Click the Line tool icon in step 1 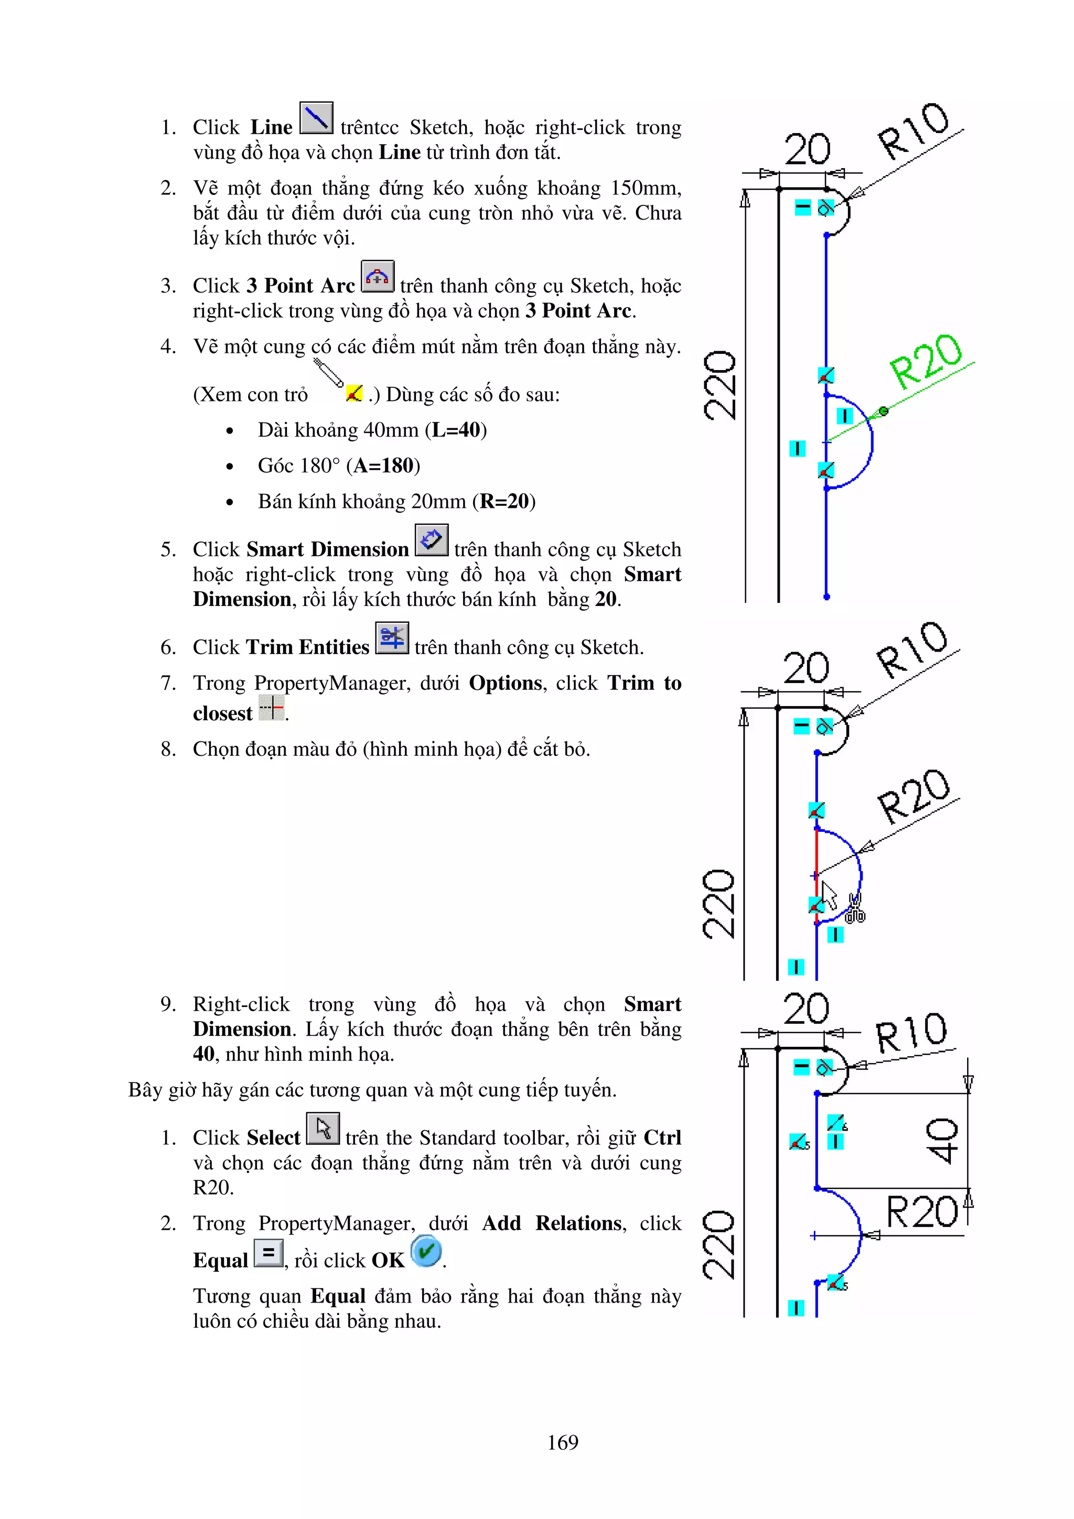coord(316,118)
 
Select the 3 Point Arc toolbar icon coord(377,277)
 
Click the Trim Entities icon coord(392,638)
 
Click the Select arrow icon coord(323,1129)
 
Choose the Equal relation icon coord(268,1252)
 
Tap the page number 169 coord(563,1441)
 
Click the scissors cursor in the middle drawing coord(854,908)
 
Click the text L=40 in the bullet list coord(456,430)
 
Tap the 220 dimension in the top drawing coord(720,386)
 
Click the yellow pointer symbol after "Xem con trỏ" coord(354,394)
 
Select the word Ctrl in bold coord(662,1138)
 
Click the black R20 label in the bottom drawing coord(921,1212)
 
